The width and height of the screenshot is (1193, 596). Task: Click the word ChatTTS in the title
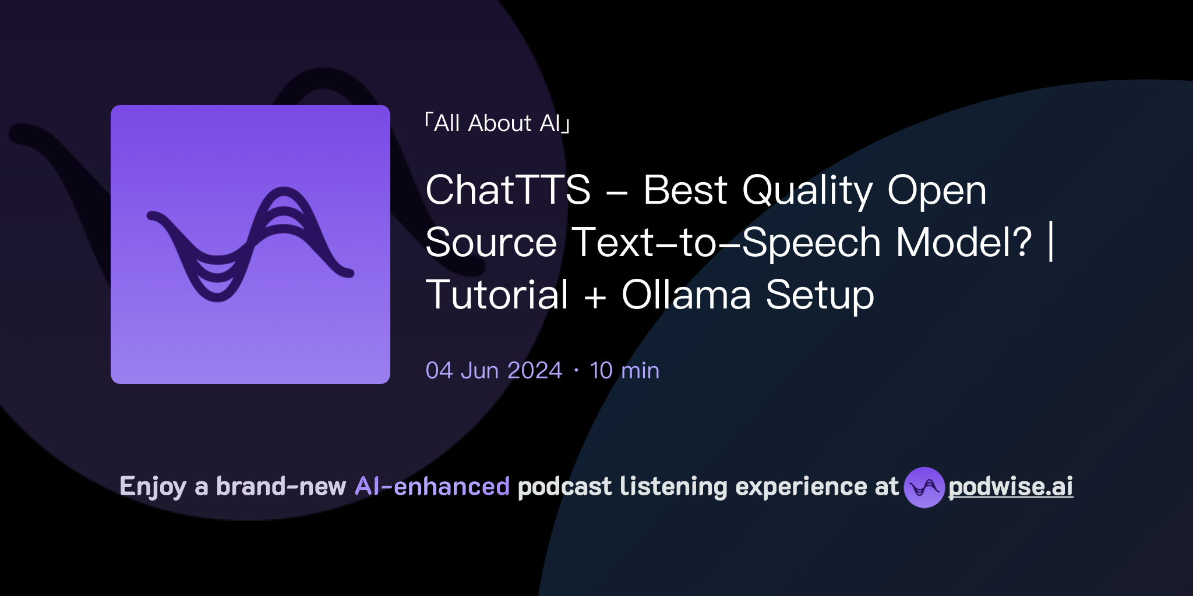(x=508, y=190)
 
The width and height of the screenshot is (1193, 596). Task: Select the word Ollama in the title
(x=686, y=295)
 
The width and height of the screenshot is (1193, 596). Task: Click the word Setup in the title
(x=820, y=296)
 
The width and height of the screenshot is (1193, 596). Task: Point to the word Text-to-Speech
(x=726, y=242)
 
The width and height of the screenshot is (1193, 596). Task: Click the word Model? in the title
(x=964, y=242)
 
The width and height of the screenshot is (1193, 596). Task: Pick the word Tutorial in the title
(x=497, y=295)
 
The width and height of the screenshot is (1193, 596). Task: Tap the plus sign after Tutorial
(x=595, y=296)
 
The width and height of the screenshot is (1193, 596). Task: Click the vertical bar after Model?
(x=1051, y=242)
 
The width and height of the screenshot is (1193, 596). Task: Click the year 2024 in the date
(x=534, y=371)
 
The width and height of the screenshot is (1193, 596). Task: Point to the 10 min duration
(x=624, y=371)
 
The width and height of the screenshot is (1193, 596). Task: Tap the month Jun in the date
(x=479, y=371)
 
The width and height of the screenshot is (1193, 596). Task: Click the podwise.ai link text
(x=1011, y=487)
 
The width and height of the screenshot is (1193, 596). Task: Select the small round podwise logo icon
(x=924, y=487)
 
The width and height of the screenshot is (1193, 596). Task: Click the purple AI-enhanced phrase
(x=432, y=487)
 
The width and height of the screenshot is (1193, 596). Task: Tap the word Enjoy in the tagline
(x=153, y=487)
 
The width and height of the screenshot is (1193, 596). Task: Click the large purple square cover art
(x=250, y=244)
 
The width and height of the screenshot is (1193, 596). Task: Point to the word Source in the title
(x=491, y=242)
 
